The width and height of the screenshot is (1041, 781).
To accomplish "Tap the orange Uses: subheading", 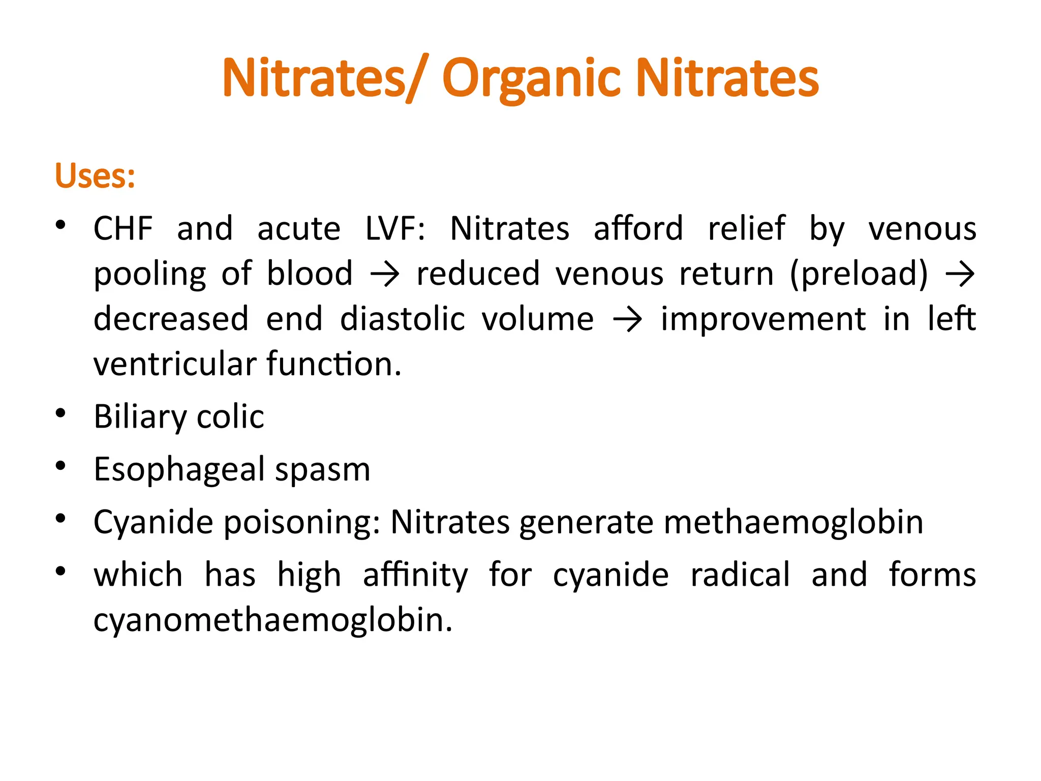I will (x=95, y=176).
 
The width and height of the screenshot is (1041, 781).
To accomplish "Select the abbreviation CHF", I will (x=123, y=228).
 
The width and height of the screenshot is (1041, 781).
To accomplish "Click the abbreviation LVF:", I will (x=395, y=228).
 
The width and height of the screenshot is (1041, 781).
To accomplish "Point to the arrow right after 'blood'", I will (x=385, y=275).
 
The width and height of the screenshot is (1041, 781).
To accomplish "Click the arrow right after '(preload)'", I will (x=960, y=275).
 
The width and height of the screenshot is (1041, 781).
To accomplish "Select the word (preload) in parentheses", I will (x=859, y=275).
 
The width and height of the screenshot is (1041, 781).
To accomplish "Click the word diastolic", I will (x=402, y=319).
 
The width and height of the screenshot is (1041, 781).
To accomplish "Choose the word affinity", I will (x=415, y=576).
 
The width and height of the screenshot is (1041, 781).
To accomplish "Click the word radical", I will (x=740, y=575).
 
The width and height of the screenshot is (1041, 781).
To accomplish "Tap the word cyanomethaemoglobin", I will (x=272, y=620).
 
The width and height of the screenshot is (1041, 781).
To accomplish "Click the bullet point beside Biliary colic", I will (x=61, y=413).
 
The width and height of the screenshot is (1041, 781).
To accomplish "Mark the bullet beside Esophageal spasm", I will (x=61, y=466).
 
